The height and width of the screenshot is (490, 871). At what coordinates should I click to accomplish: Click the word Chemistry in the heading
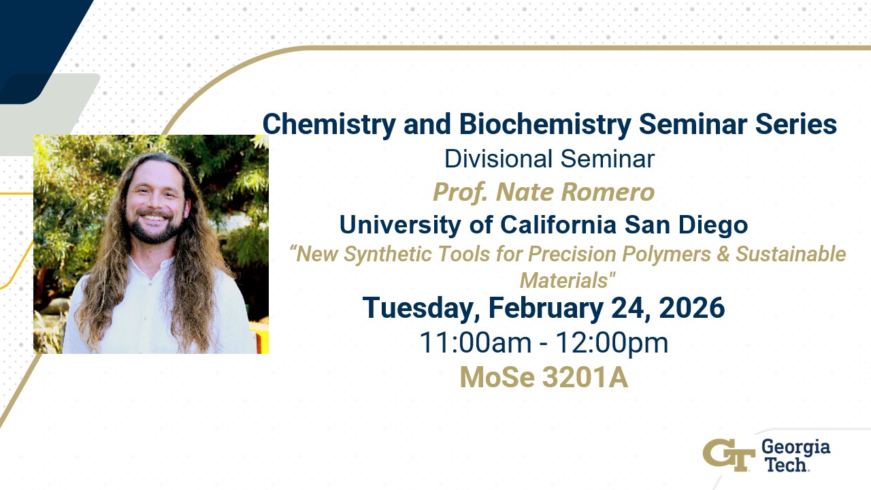(329, 125)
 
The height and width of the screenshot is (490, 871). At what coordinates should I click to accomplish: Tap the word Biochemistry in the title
(545, 125)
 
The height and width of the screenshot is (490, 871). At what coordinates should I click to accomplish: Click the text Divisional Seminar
(549, 159)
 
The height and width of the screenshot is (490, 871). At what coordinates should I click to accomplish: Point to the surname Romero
(608, 193)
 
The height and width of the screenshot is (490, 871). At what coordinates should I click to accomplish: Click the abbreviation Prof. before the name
(461, 193)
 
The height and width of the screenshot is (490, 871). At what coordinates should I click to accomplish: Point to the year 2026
(692, 308)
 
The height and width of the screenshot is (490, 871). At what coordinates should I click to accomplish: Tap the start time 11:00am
(475, 343)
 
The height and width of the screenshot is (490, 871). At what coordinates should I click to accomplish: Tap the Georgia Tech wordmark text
(795, 456)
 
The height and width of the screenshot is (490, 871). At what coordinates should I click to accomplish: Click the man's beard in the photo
(156, 229)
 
